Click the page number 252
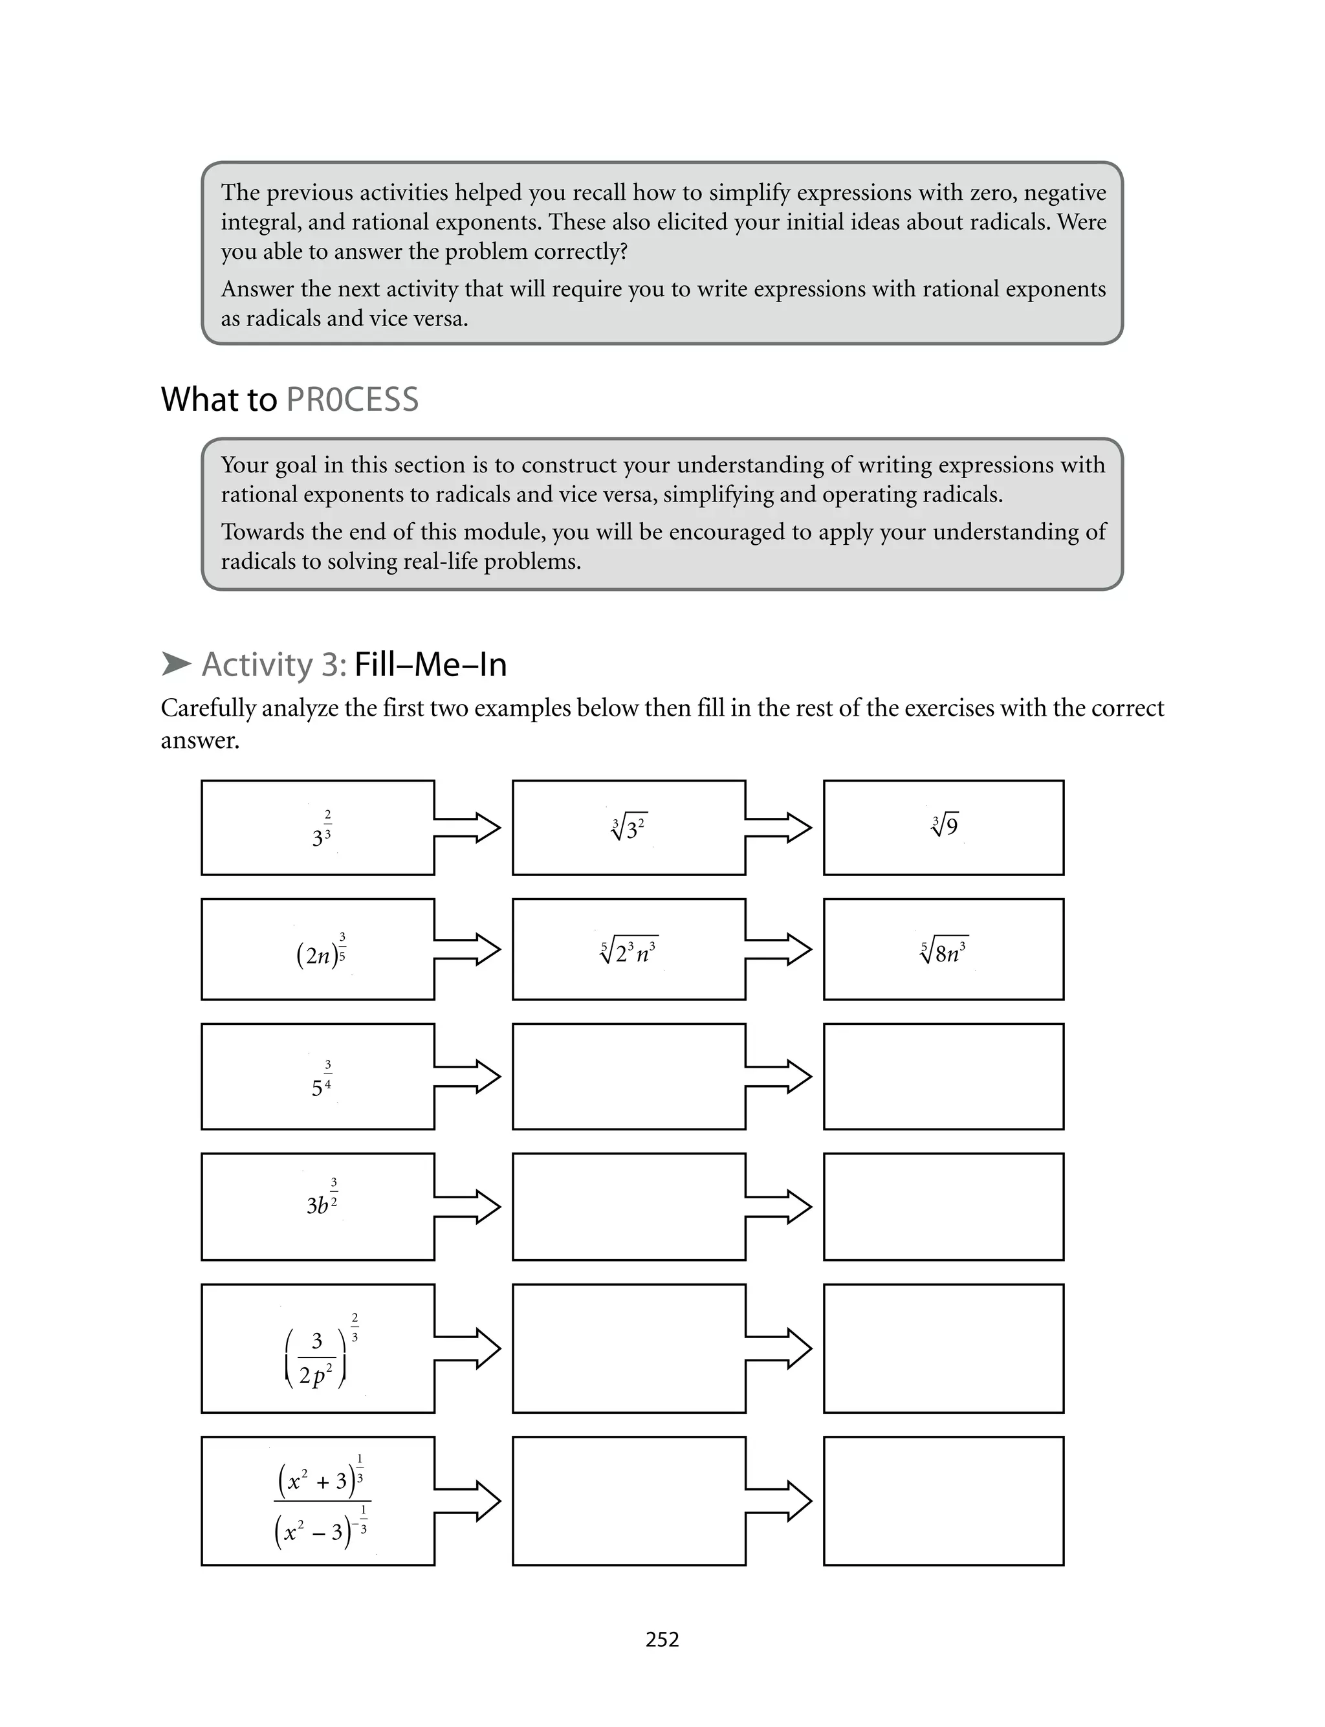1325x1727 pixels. click(662, 1640)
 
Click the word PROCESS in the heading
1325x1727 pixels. click(352, 400)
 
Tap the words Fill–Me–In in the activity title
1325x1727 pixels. click(431, 665)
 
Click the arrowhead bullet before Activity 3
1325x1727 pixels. click(176, 664)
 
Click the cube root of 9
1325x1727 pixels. click(944, 826)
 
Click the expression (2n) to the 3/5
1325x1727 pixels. click(321, 952)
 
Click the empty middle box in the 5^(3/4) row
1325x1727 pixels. click(629, 1077)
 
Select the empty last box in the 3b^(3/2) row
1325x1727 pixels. click(943, 1207)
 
